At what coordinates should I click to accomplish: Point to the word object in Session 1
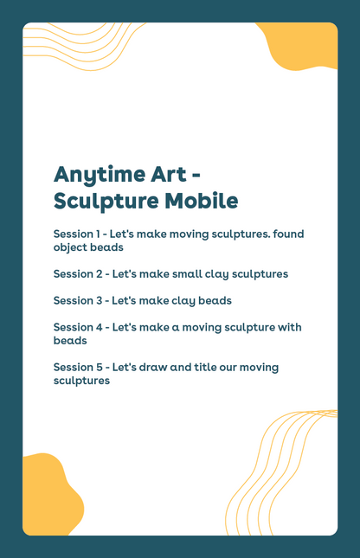coord(71,247)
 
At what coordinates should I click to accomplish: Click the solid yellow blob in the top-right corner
coord(305,47)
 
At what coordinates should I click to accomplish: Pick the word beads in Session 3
coord(214,301)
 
